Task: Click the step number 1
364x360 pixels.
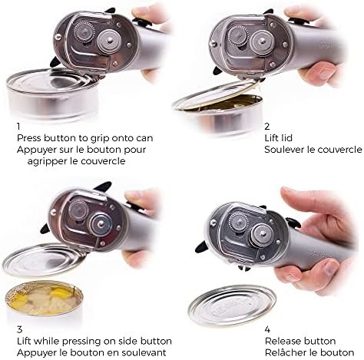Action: [x=18, y=126]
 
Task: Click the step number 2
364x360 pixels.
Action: [x=267, y=126]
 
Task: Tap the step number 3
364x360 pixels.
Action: [x=19, y=329]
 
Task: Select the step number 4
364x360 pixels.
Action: [x=267, y=329]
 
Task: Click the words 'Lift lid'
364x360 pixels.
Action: [x=279, y=138]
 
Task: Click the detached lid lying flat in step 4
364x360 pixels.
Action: [x=232, y=305]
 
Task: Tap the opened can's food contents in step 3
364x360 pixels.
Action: [x=44, y=298]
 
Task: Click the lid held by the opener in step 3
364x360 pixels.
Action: [x=44, y=259]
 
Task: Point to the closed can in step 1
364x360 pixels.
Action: [x=52, y=94]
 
